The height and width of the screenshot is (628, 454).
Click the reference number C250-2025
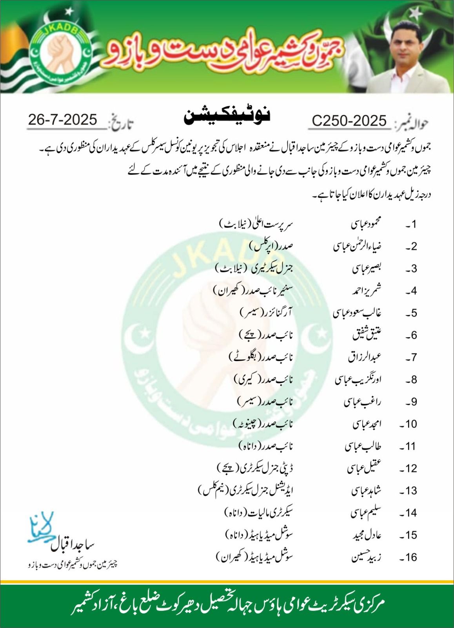click(x=349, y=121)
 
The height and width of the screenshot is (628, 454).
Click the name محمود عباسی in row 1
click(x=366, y=224)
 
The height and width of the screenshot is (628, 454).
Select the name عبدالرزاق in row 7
click(x=365, y=357)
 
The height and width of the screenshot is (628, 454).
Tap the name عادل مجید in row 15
click(x=367, y=535)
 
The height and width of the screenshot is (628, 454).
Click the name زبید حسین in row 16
click(x=366, y=557)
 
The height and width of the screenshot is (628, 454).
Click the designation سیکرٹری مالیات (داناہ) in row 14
click(x=259, y=513)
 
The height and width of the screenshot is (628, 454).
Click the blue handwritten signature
click(x=41, y=528)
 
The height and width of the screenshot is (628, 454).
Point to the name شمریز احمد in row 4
click(x=367, y=291)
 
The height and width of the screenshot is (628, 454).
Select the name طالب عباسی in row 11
click(x=363, y=446)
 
